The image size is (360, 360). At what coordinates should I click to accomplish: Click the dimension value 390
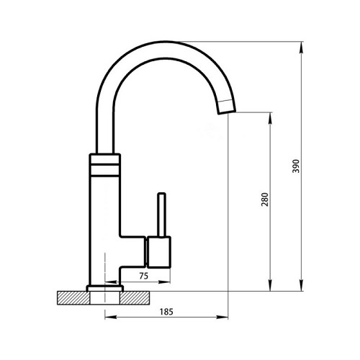click(296, 166)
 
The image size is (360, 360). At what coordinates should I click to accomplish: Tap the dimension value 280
click(265, 199)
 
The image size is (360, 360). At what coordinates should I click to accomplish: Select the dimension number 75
click(143, 276)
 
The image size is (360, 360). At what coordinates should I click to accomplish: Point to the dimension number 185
click(166, 312)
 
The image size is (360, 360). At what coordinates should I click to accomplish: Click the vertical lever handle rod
click(161, 215)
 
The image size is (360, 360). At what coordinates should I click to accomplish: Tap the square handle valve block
click(159, 252)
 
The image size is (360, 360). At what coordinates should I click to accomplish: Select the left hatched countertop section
click(73, 298)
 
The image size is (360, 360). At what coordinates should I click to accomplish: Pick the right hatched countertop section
click(135, 298)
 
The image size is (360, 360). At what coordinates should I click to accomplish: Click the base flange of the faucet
click(105, 288)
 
